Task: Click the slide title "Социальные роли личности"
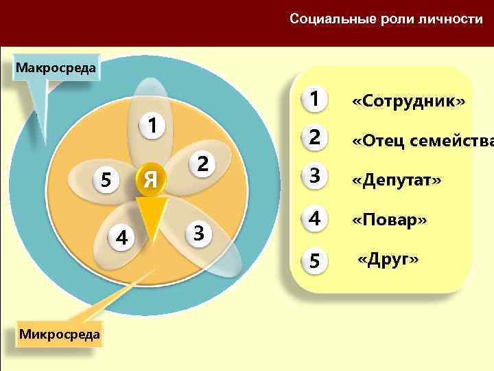click(x=386, y=19)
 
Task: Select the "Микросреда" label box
click(x=60, y=334)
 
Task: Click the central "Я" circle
click(x=152, y=179)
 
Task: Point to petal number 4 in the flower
click(x=121, y=238)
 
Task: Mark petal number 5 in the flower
click(x=106, y=179)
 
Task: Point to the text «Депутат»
click(x=397, y=180)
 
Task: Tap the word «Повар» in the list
click(x=389, y=221)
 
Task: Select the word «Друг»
click(x=388, y=260)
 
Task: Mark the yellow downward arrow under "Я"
click(x=152, y=212)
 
